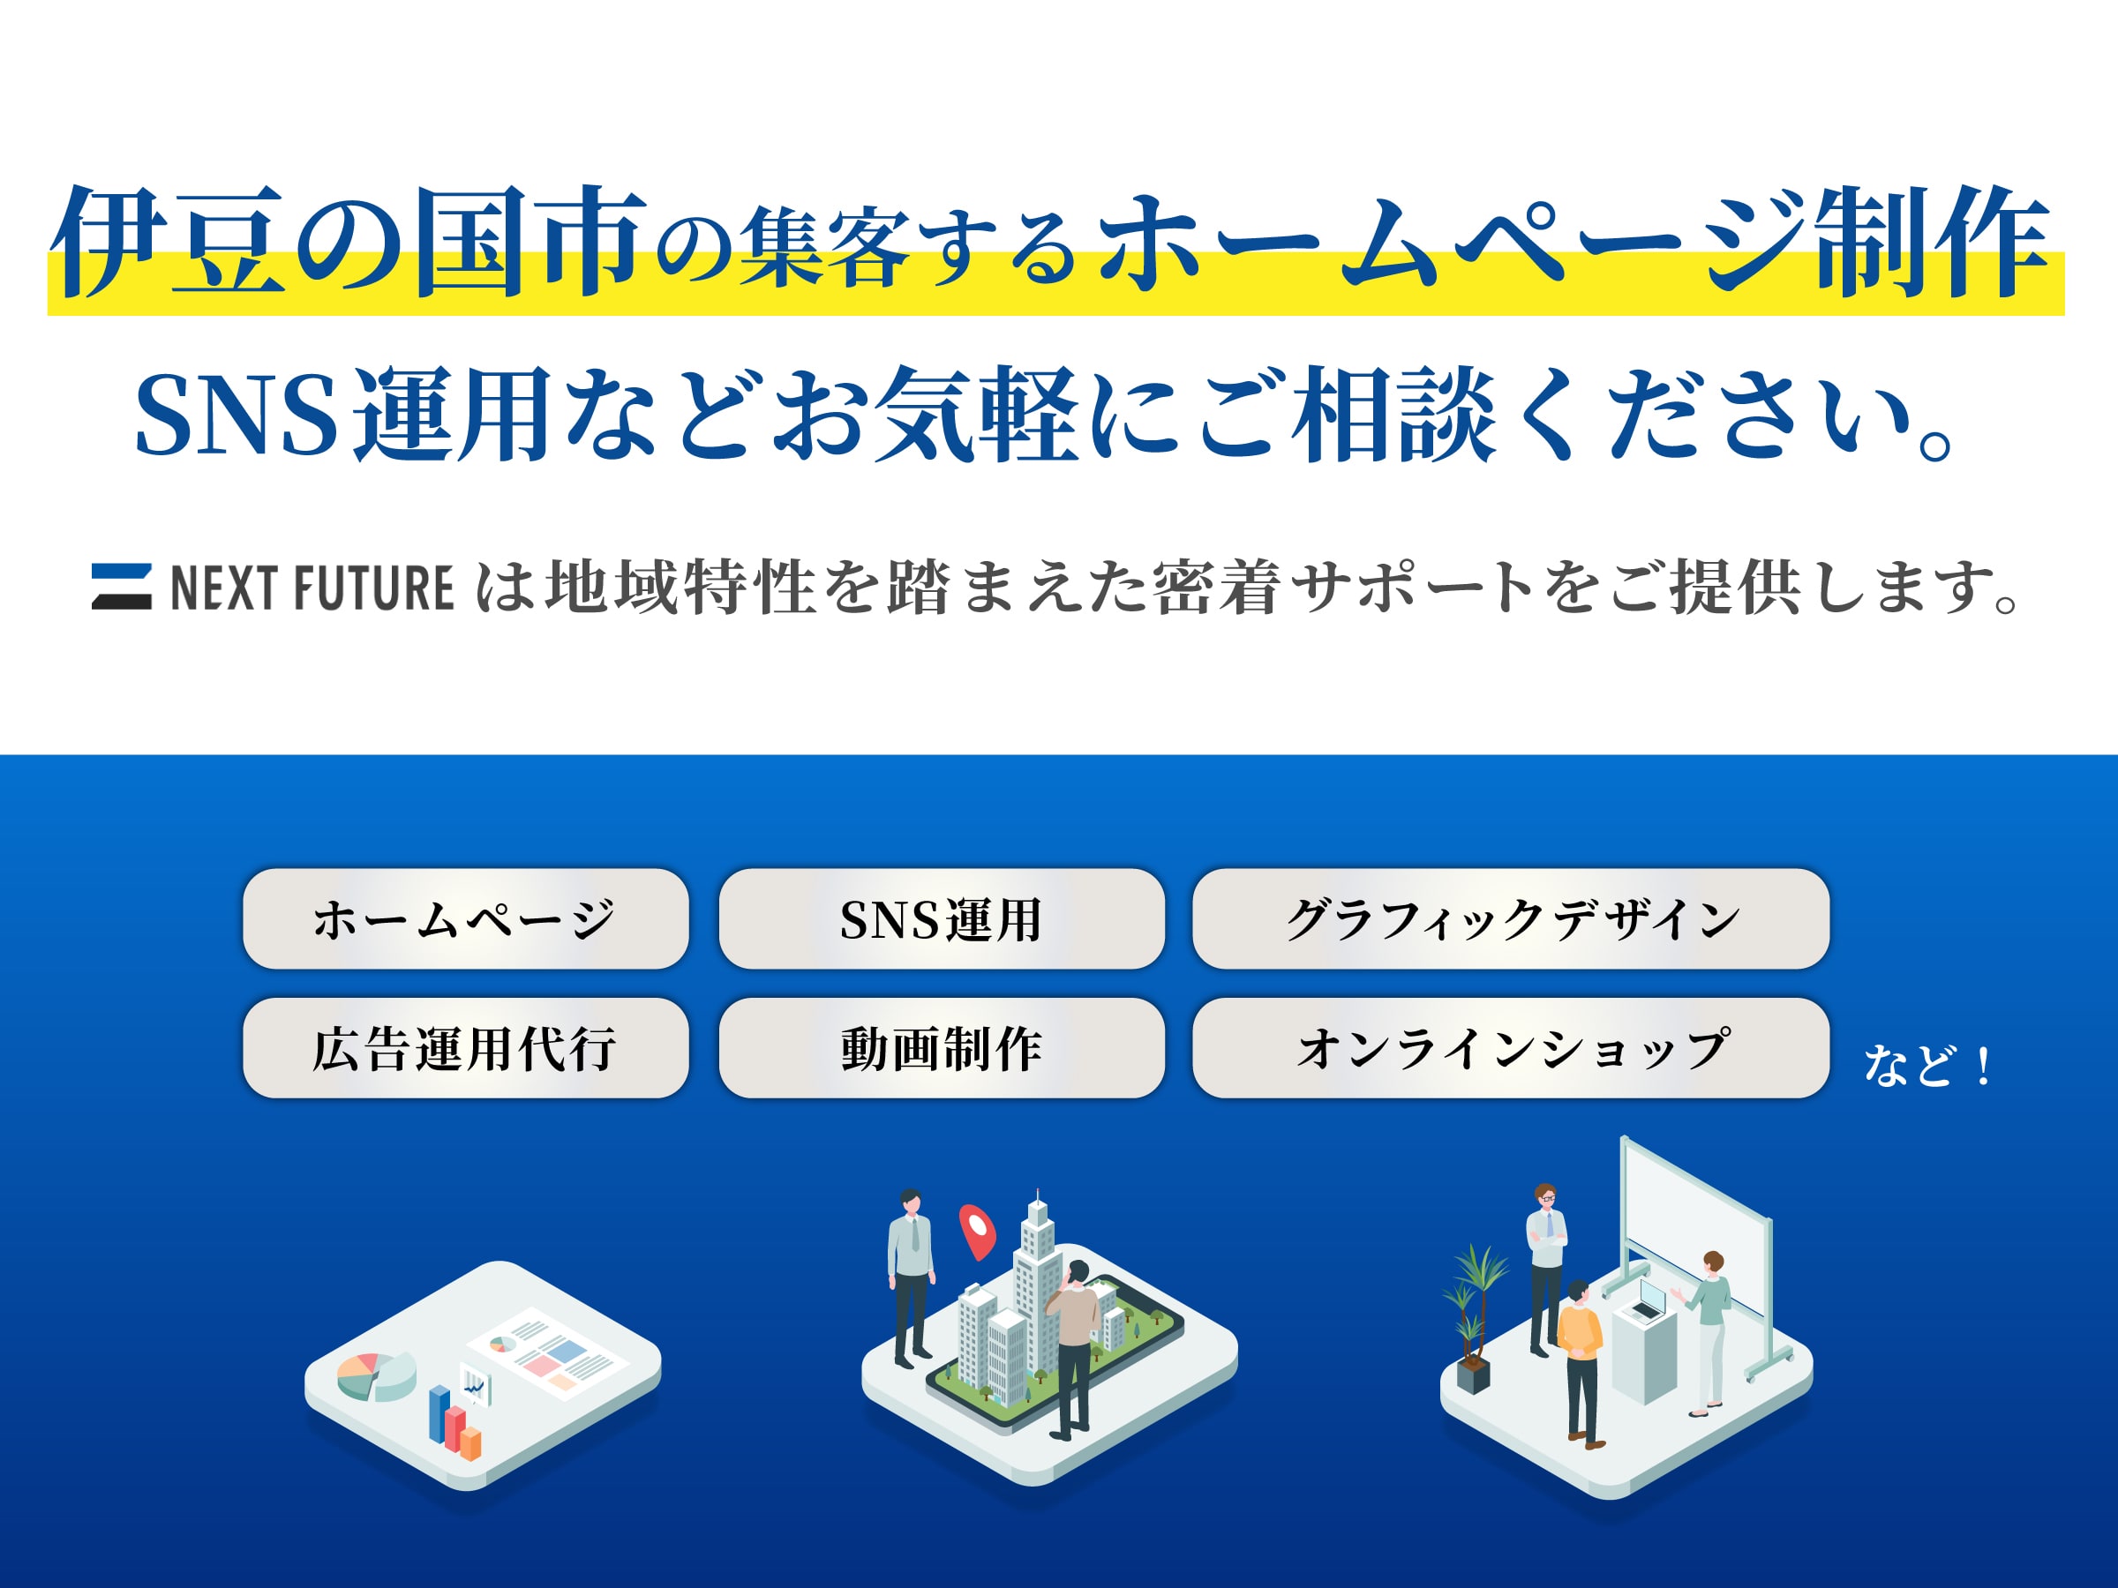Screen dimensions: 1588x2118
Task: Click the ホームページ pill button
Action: coord(465,919)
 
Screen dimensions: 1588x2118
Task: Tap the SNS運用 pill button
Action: coord(942,919)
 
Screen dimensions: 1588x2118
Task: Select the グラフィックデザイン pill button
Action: coord(1510,919)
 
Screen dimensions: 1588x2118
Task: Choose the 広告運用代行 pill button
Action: coord(465,1048)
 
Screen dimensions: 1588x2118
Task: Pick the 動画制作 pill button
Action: coord(942,1048)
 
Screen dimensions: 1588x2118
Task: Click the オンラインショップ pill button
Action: coord(1510,1048)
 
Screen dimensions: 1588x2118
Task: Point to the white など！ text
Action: coord(1926,1066)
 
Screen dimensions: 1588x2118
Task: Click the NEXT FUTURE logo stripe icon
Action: coord(122,587)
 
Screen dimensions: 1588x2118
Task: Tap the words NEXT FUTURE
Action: coord(312,588)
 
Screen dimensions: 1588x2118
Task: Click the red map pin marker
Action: coord(978,1229)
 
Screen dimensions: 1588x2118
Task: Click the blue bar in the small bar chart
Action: coord(439,1414)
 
